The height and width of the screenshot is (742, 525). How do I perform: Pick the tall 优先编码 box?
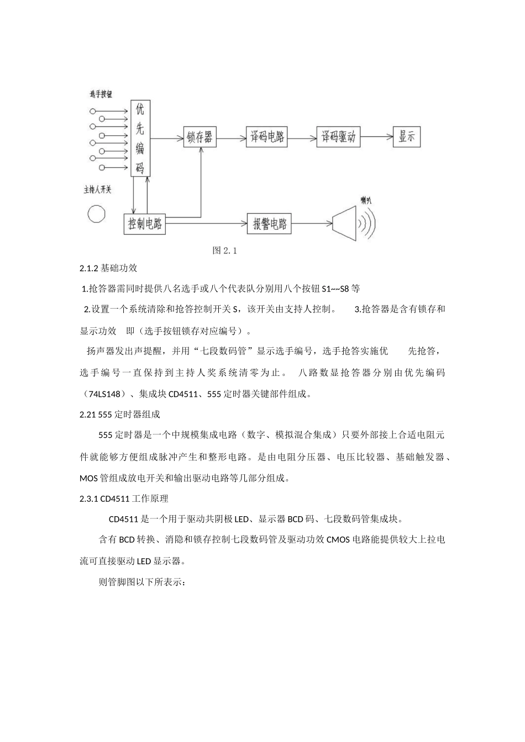click(140, 139)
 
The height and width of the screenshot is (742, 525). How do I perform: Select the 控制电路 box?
click(144, 224)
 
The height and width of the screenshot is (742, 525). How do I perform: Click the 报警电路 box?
click(269, 224)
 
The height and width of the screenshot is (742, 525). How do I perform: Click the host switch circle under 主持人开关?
click(97, 214)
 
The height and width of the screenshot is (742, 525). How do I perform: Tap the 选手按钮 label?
click(101, 95)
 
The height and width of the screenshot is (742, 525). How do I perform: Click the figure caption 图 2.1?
click(224, 251)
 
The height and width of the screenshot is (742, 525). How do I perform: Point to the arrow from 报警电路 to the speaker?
click(311, 224)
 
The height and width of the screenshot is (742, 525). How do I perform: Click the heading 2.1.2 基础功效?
click(108, 268)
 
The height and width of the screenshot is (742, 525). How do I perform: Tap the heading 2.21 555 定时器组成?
click(120, 414)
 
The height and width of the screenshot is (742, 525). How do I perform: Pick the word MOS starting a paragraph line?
click(89, 478)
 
